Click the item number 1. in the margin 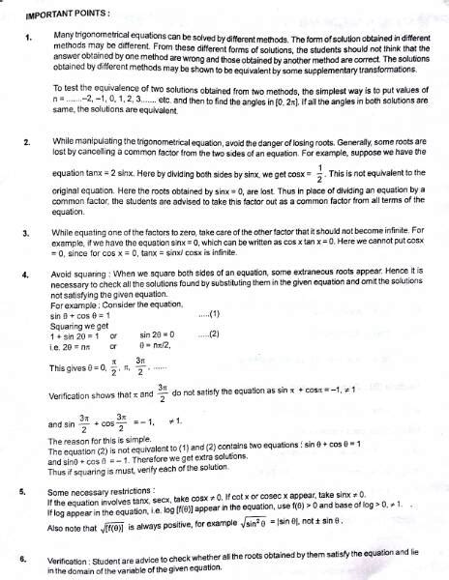(30, 37)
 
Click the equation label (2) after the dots (208, 333)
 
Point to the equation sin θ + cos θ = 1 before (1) (82, 314)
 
